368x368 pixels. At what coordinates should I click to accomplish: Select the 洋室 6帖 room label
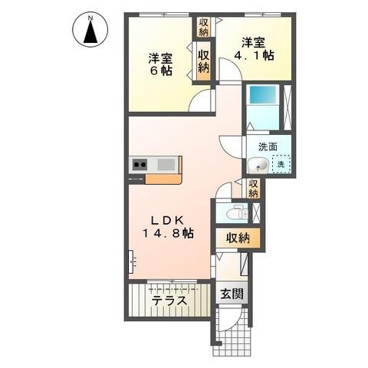(x=160, y=63)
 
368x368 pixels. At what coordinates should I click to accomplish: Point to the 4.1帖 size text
(x=255, y=55)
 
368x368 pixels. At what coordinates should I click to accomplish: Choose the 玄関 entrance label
(x=232, y=294)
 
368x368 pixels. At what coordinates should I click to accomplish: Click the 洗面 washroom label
(x=268, y=146)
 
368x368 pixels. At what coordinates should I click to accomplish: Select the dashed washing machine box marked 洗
(x=281, y=164)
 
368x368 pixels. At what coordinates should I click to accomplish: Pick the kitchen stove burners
(x=140, y=163)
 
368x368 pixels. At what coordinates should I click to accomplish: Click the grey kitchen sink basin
(x=166, y=163)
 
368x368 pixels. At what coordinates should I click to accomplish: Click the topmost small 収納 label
(x=204, y=28)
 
